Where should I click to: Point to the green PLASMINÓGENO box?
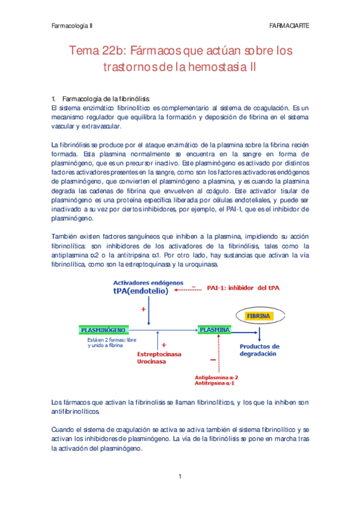(103, 330)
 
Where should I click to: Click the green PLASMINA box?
(215, 330)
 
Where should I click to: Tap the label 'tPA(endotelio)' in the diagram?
(139, 290)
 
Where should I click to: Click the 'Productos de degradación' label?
(260, 351)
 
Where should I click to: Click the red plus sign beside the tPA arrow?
(143, 309)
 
